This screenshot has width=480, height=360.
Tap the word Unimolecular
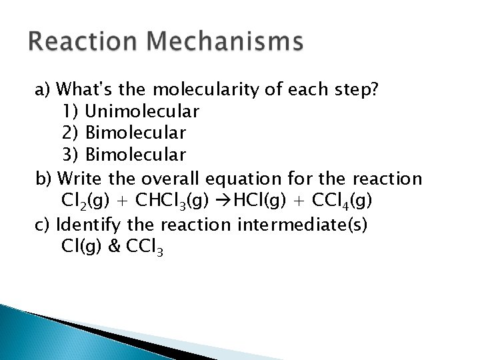tap(143, 111)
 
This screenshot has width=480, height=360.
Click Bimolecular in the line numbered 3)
tap(135, 155)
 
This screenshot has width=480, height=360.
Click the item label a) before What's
tap(43, 89)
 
